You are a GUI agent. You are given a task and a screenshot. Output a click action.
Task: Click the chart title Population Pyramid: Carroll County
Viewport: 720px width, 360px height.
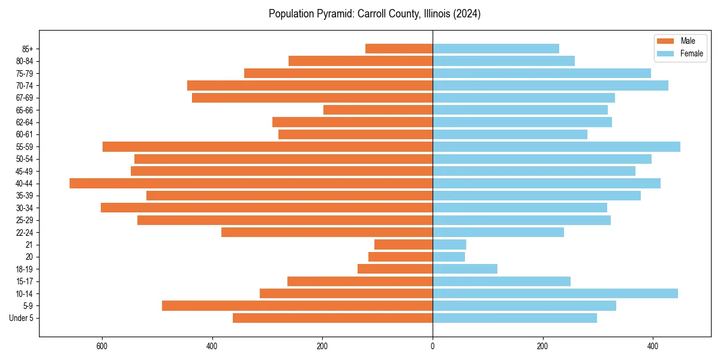[374, 14]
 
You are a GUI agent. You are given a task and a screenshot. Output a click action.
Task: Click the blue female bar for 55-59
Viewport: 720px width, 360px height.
[556, 146]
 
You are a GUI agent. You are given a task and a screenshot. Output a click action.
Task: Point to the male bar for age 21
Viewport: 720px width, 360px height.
[403, 244]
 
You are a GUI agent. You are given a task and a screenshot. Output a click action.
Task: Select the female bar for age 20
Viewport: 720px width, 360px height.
[449, 257]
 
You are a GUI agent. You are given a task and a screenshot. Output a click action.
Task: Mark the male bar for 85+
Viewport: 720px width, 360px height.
[399, 49]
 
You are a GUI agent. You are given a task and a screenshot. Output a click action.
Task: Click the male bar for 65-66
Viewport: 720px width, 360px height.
[378, 110]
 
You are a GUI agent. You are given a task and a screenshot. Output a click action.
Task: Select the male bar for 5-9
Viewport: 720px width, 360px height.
[297, 305]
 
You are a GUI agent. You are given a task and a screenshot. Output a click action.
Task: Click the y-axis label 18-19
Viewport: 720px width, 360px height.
[24, 269]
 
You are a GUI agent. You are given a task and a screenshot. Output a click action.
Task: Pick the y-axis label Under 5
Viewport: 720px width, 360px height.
[21, 318]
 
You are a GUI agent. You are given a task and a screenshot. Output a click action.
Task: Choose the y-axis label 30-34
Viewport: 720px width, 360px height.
[24, 208]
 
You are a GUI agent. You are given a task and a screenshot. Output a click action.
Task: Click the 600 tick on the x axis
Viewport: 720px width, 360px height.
[102, 346]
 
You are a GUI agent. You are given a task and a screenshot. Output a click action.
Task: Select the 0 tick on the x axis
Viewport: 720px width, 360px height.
[433, 346]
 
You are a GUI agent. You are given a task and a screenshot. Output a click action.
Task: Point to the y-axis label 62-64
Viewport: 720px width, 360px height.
[24, 122]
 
